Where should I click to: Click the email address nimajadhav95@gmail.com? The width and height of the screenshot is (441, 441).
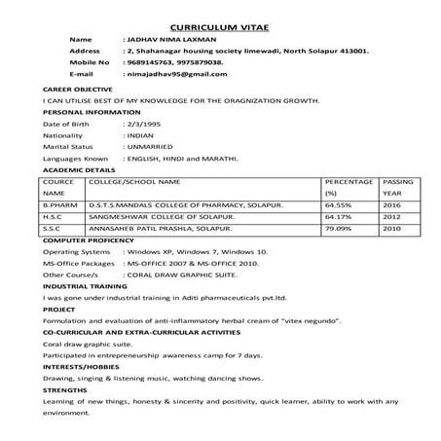tap(170, 73)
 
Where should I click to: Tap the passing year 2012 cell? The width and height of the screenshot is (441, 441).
tap(392, 217)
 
